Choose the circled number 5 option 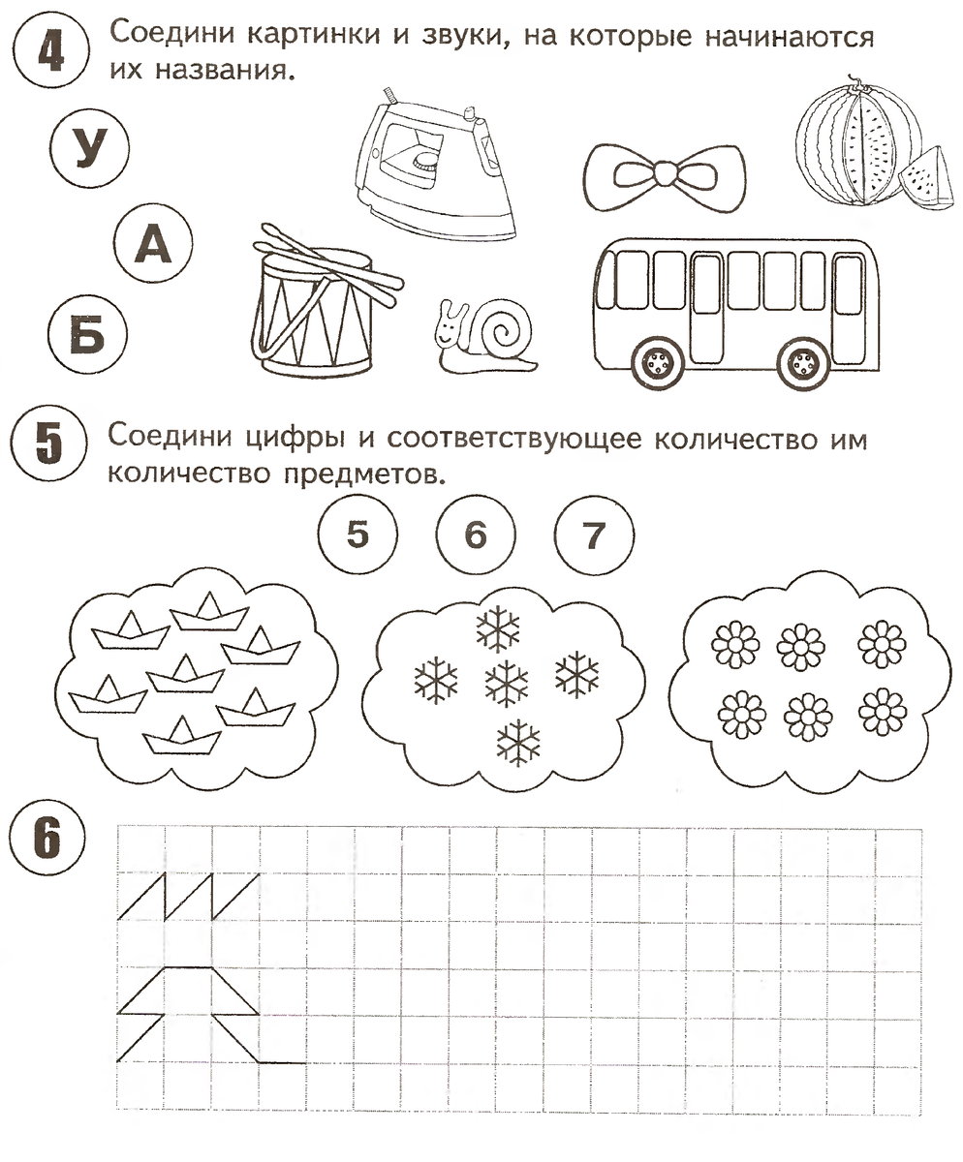click(x=357, y=534)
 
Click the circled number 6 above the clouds click(x=476, y=534)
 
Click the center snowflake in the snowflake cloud click(x=505, y=682)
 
